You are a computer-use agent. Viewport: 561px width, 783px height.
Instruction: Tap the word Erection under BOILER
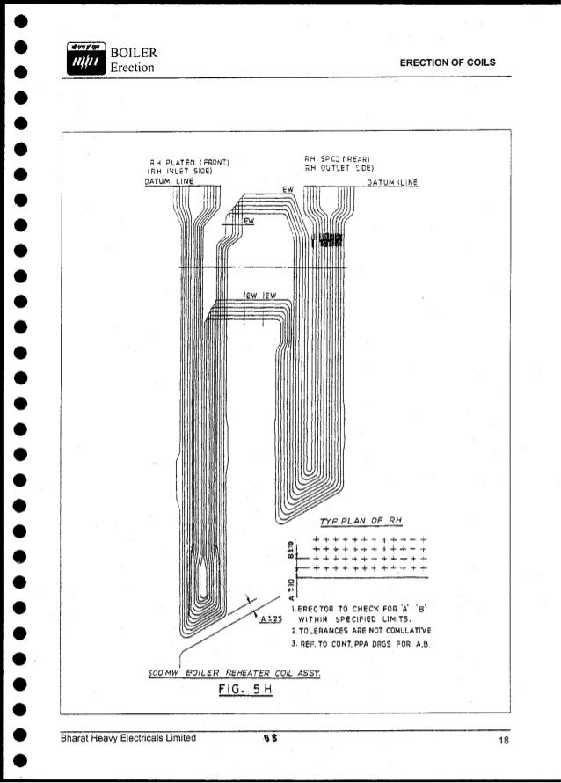click(x=133, y=69)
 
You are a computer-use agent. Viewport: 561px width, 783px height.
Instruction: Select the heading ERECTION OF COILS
click(x=448, y=62)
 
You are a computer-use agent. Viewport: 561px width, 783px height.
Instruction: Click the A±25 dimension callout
click(x=270, y=618)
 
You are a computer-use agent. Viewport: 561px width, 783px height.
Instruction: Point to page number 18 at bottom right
click(x=503, y=738)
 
